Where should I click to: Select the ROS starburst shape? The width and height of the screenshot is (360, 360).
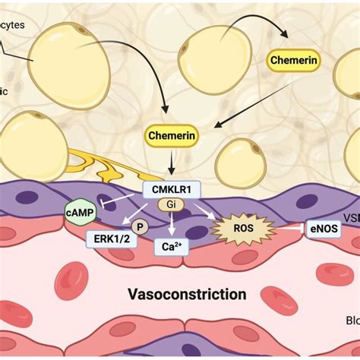click(x=238, y=227)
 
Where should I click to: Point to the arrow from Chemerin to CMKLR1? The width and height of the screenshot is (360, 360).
click(x=170, y=161)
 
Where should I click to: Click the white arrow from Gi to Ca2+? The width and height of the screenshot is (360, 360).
click(x=172, y=223)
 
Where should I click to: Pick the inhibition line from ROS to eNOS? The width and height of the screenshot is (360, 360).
click(x=283, y=227)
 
